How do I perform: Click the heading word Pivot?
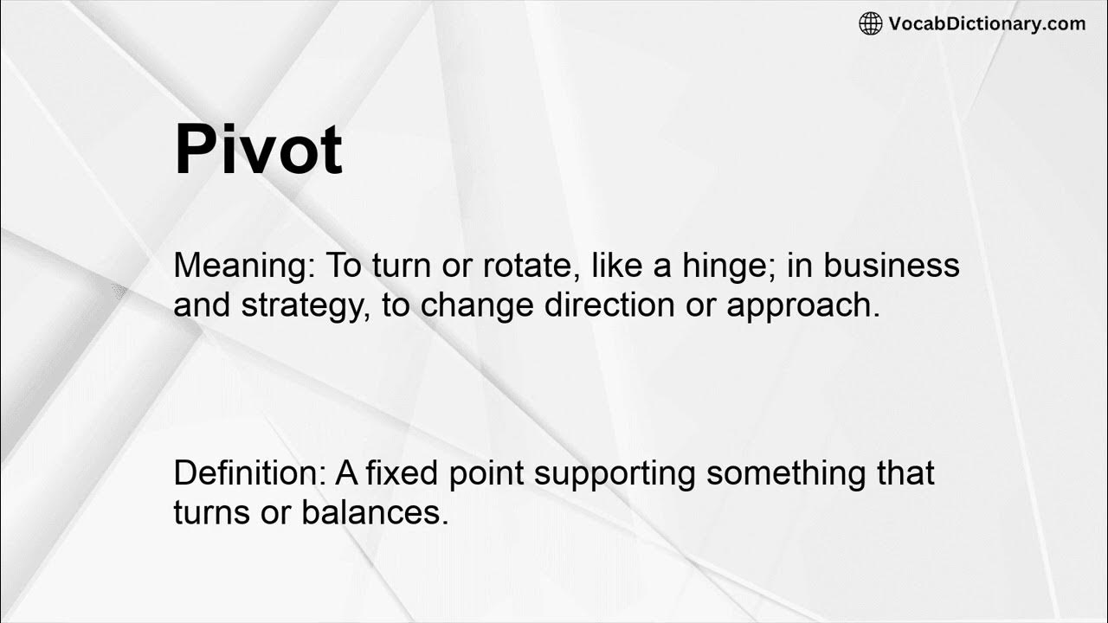coord(258,150)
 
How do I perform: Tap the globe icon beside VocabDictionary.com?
coord(870,23)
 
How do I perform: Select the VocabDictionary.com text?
coord(987,23)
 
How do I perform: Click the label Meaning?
coord(245,266)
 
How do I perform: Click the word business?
coord(892,266)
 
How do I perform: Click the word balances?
coord(375,513)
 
